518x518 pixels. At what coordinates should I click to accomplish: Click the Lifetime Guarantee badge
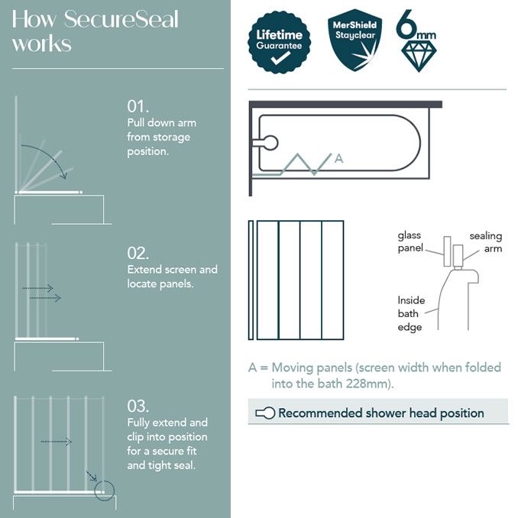pyautogui.click(x=279, y=42)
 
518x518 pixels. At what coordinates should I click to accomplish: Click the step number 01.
pyautogui.click(x=138, y=106)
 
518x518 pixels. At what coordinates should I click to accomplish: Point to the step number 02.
pyautogui.click(x=138, y=254)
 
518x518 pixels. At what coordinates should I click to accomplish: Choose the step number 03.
pyautogui.click(x=138, y=406)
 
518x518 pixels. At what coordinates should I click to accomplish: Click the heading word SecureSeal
pyautogui.click(x=121, y=18)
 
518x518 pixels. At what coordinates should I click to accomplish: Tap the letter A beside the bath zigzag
pyautogui.click(x=339, y=158)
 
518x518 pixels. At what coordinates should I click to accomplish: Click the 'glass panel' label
pyautogui.click(x=410, y=242)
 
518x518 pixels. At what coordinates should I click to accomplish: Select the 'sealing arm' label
pyautogui.click(x=485, y=242)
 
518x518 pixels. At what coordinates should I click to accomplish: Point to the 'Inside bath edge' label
pyautogui.click(x=411, y=313)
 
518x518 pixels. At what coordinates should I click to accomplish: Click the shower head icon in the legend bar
pyautogui.click(x=264, y=413)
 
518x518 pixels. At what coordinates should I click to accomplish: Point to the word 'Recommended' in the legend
pyautogui.click(x=320, y=413)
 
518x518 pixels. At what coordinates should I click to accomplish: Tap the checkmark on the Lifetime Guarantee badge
pyautogui.click(x=279, y=58)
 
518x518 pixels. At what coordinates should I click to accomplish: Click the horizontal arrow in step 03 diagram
pyautogui.click(x=56, y=442)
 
